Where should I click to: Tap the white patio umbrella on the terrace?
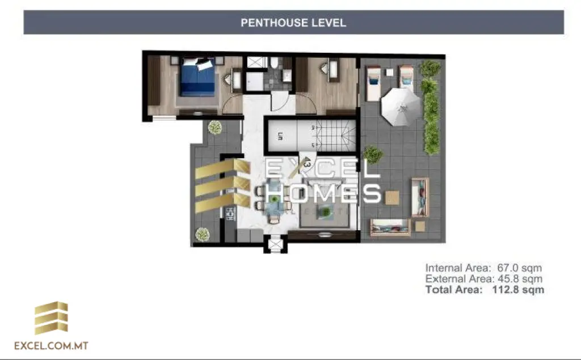coord(401,105)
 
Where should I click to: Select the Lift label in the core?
coord(280,136)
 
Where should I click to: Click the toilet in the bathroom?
coord(273,62)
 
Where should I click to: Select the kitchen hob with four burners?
coord(231,214)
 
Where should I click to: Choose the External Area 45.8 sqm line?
coord(483,279)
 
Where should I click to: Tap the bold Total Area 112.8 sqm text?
coord(485,290)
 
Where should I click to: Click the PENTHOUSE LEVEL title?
coord(293,23)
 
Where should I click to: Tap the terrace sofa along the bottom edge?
coord(389,227)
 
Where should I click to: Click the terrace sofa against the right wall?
coord(420,197)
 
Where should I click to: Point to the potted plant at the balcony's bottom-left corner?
coord(202,234)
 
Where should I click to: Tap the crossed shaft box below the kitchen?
coord(275,245)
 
